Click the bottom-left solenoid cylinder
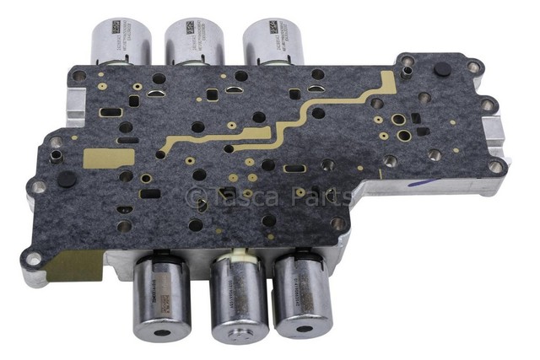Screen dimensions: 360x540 coord(162,299)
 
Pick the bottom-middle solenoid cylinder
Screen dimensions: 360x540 coord(239,299)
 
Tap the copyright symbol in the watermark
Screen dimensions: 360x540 coord(195,197)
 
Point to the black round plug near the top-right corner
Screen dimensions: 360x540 coord(440,70)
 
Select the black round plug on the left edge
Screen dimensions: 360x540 coord(67,180)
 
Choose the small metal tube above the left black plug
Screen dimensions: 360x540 coord(56,156)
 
